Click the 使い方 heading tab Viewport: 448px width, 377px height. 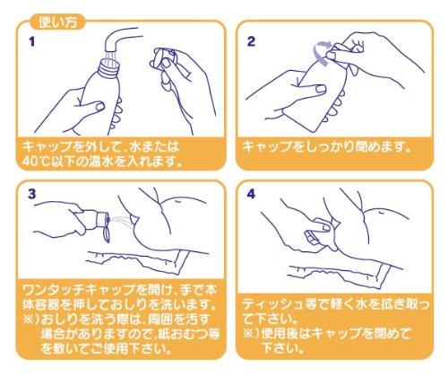tap(57, 22)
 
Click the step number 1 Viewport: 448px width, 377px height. tap(31, 41)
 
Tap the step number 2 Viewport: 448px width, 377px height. tap(251, 41)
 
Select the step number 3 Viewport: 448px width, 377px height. tap(32, 194)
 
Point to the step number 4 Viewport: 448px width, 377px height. tap(251, 194)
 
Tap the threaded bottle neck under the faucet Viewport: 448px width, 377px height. tap(110, 66)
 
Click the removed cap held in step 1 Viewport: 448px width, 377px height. tap(164, 57)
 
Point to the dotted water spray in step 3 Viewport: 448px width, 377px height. tap(121, 220)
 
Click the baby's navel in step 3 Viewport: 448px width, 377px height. tap(177, 202)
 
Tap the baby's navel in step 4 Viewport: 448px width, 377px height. tap(382, 212)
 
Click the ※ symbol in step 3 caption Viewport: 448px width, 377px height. tap(29, 320)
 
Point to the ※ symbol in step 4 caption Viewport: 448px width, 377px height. tap(248, 334)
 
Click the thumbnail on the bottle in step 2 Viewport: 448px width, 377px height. tap(321, 89)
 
